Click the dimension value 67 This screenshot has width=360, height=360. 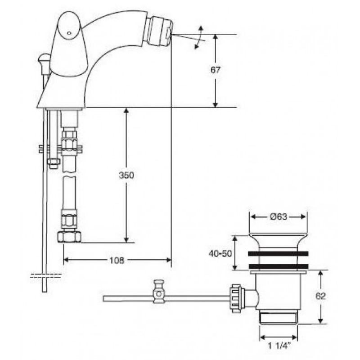pos(216,70)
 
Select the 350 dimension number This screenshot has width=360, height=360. pos(126,175)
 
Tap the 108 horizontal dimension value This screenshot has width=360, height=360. pos(117,260)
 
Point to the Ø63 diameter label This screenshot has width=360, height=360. pos(279,216)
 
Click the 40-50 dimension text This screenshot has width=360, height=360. pos(220,253)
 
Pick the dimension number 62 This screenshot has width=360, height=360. pos(320,296)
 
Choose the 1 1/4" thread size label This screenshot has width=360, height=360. pos(279,346)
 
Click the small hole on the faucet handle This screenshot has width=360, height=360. pos(69,33)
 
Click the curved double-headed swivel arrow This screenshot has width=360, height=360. pos(199,37)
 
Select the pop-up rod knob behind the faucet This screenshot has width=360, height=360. pos(44,59)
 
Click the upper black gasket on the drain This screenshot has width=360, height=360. pos(278,253)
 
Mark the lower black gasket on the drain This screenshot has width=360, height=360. pos(279,266)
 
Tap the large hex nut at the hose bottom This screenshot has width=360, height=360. pos(69,237)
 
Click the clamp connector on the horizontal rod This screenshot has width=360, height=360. pos(159,292)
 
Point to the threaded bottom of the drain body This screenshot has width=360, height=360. pos(279,318)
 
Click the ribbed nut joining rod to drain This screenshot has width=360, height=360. pos(235,298)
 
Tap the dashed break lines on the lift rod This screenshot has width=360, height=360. pos(46,276)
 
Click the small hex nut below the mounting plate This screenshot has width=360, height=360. pos(54,163)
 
